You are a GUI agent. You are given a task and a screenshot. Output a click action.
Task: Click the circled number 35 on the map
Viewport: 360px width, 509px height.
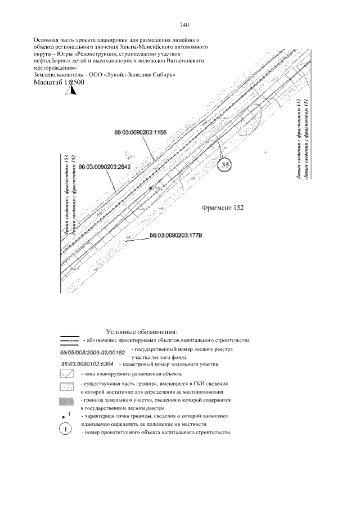pos(226,165)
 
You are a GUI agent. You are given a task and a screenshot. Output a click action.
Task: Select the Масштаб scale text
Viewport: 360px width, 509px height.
pos(58,82)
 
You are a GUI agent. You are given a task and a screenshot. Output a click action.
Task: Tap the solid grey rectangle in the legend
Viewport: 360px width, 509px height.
pos(67,401)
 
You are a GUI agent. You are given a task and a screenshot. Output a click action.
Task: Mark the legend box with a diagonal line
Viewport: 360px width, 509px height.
pos(67,374)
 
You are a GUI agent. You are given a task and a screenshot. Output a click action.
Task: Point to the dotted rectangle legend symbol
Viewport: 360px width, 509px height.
pos(67,386)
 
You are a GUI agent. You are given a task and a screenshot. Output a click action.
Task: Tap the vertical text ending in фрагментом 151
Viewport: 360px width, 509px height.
pos(306,140)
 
